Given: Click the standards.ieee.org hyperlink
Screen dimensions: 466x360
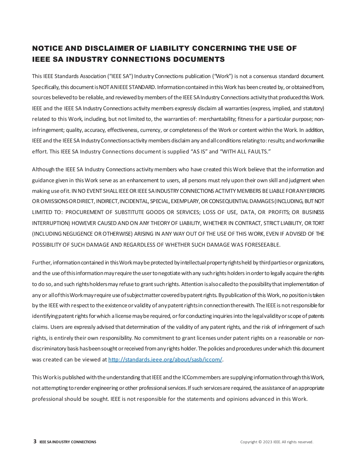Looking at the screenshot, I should [x=165, y=360].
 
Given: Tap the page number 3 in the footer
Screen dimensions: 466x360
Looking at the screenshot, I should [x=35, y=441].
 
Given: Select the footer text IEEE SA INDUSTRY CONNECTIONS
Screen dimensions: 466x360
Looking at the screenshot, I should [x=68, y=442].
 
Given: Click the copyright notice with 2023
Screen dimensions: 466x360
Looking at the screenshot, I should [x=277, y=442].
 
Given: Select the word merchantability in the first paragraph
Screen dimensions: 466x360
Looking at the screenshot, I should [x=216, y=119].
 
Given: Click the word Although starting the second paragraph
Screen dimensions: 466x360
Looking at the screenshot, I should [x=43, y=169].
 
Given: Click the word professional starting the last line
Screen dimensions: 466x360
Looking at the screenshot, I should [x=47, y=399].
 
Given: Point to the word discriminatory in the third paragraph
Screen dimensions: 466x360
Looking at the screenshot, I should [x=50, y=349].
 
